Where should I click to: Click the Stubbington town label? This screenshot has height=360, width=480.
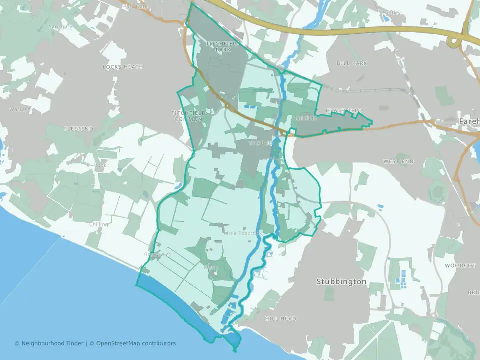point(341,282)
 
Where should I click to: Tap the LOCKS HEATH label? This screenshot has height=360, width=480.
point(123,67)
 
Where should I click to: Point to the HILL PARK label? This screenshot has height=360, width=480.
point(352,63)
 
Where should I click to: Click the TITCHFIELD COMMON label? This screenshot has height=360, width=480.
point(188,116)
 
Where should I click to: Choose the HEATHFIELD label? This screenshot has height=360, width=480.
point(343,110)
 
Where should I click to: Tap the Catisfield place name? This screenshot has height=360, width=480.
point(304,118)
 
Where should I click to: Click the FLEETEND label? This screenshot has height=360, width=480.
point(79,129)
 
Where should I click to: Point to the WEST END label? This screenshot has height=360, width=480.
point(398,162)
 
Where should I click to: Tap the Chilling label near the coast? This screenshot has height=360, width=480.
point(98,224)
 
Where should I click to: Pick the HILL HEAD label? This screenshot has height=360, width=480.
point(280,319)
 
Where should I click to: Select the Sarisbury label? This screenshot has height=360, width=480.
point(61,26)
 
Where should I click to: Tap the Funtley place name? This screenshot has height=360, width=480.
point(391,12)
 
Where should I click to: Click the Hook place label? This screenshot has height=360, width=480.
point(100,165)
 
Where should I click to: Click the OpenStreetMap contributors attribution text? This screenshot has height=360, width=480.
point(136,343)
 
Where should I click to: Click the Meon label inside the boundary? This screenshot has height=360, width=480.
point(211,267)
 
